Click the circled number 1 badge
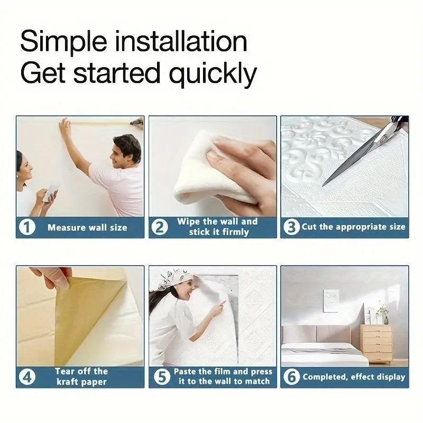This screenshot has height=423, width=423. click(x=27, y=227)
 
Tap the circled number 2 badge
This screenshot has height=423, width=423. click(x=160, y=227)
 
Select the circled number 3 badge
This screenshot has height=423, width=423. click(x=291, y=227)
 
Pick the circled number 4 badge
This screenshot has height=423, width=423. click(x=27, y=377)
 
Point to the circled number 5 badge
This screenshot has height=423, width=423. click(x=162, y=376)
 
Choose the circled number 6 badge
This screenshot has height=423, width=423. click(x=292, y=376)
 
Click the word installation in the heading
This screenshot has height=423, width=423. click(x=181, y=42)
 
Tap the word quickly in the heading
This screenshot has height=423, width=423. click(x=213, y=73)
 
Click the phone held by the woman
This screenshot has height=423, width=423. click(x=50, y=193)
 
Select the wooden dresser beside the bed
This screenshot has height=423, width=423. click(x=376, y=344)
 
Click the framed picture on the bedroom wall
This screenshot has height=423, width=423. click(x=331, y=301)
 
